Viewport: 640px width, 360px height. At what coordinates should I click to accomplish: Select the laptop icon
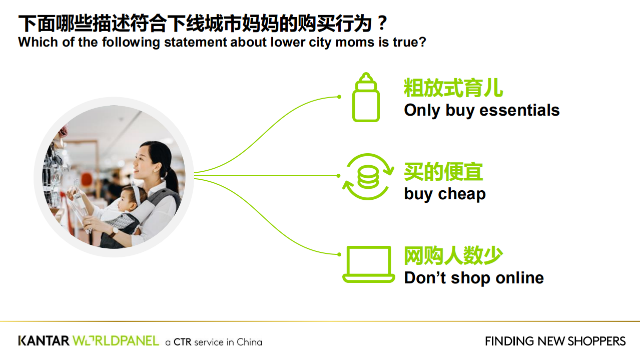click(x=368, y=264)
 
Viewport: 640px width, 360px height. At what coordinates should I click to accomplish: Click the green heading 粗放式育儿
click(x=453, y=88)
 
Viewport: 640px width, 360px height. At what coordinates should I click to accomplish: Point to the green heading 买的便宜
click(x=443, y=172)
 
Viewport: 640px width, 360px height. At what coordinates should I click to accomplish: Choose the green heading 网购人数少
click(x=453, y=255)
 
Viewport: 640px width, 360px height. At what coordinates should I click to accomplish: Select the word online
click(x=519, y=278)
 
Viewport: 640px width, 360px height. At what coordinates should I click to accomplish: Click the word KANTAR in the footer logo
click(x=44, y=341)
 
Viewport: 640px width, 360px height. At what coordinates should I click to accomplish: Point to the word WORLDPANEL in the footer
click(x=116, y=341)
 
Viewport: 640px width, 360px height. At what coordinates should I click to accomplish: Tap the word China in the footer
click(x=249, y=342)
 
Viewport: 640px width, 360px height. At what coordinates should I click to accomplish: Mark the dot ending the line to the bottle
click(x=339, y=97)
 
